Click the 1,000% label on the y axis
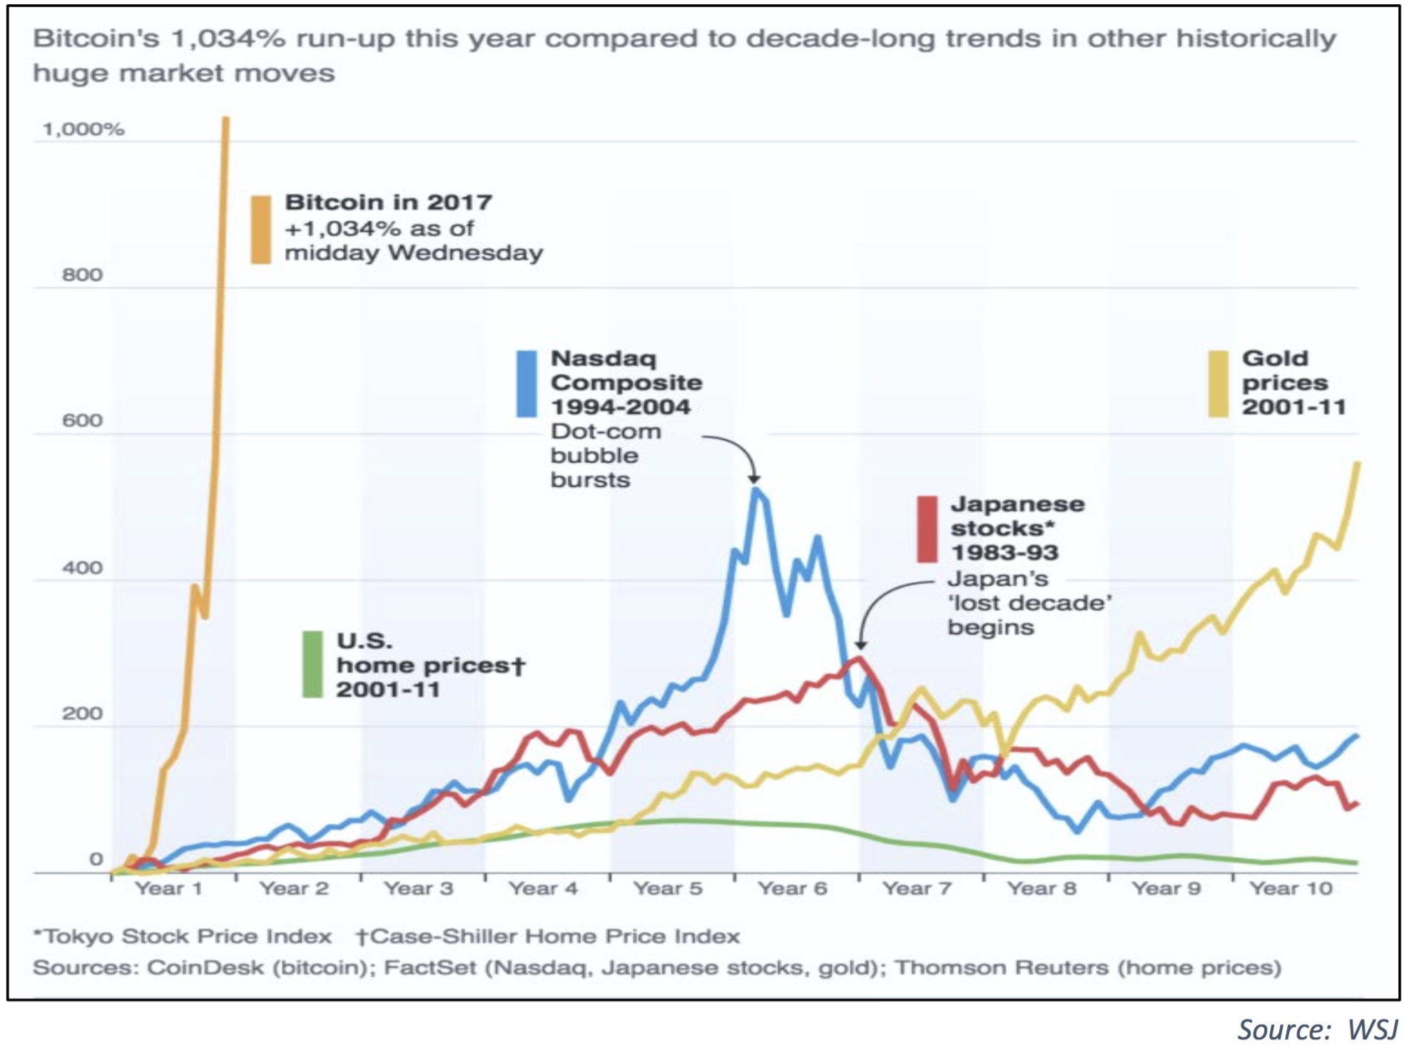pos(83,129)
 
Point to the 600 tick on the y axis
pos(82,421)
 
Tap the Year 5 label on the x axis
pos(668,889)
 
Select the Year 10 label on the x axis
pos(1291,889)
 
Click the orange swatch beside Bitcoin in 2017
pos(261,230)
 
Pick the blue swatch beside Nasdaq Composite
pos(527,384)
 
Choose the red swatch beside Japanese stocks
pos(927,529)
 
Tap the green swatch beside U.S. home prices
pos(312,664)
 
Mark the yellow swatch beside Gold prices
pos(1218,384)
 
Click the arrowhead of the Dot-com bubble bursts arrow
pos(754,479)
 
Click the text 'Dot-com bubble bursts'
pos(605,456)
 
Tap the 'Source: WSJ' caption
pos(1317,1029)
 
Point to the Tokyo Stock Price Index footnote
pos(183,937)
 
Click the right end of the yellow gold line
pos(1357,464)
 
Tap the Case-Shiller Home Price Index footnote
pos(548,937)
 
